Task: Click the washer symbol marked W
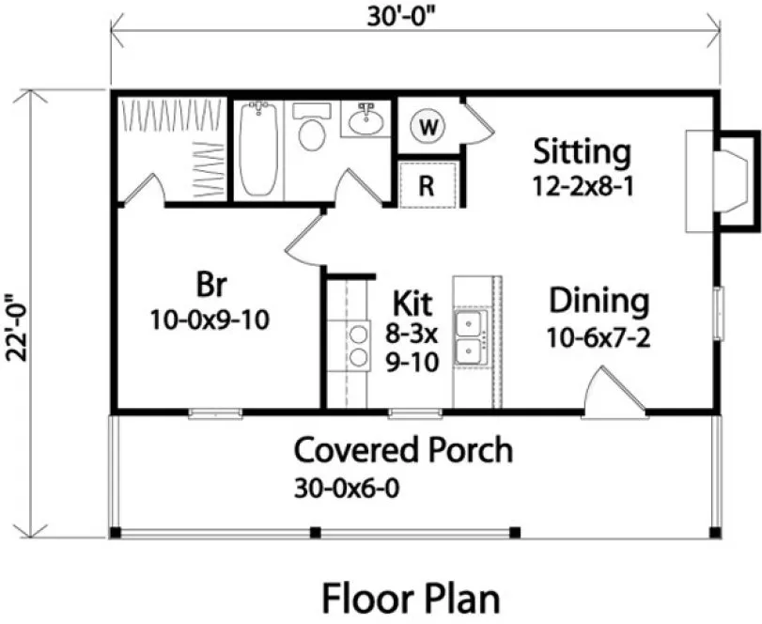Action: click(428, 126)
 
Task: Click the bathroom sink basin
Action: click(365, 119)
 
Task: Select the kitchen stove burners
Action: click(358, 344)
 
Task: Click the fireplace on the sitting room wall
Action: click(719, 181)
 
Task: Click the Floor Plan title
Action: click(411, 598)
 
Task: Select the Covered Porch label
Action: click(404, 450)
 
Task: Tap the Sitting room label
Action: click(582, 150)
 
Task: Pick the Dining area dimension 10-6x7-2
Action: click(599, 336)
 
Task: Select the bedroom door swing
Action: click(306, 240)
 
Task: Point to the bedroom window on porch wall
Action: click(215, 412)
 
